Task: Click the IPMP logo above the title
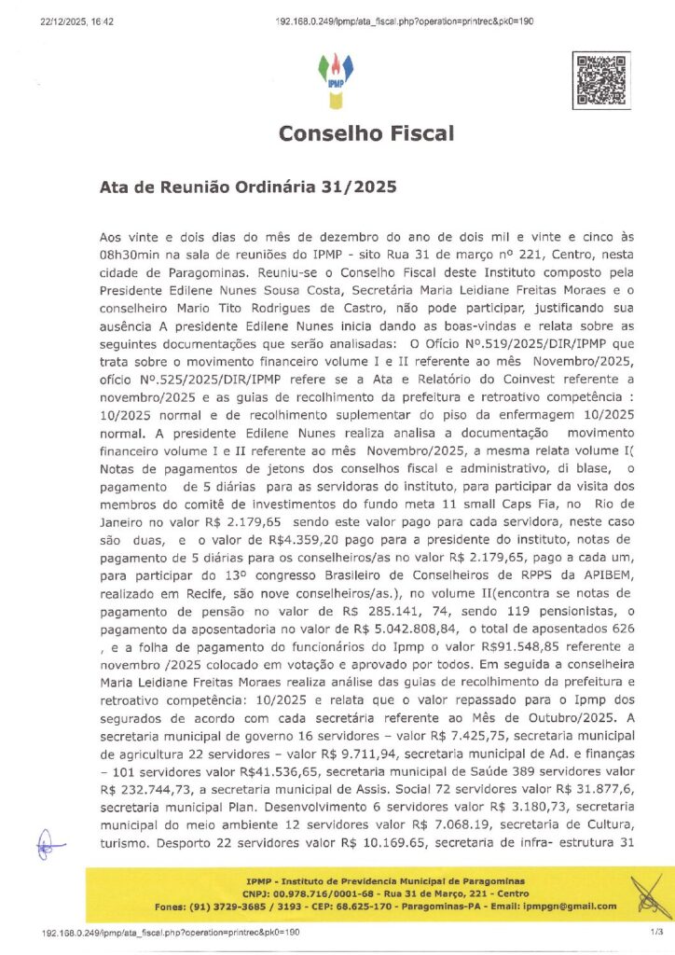click(x=337, y=77)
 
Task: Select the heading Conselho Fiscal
click(x=366, y=133)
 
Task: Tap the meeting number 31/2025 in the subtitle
click(x=365, y=187)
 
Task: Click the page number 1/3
click(x=631, y=932)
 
